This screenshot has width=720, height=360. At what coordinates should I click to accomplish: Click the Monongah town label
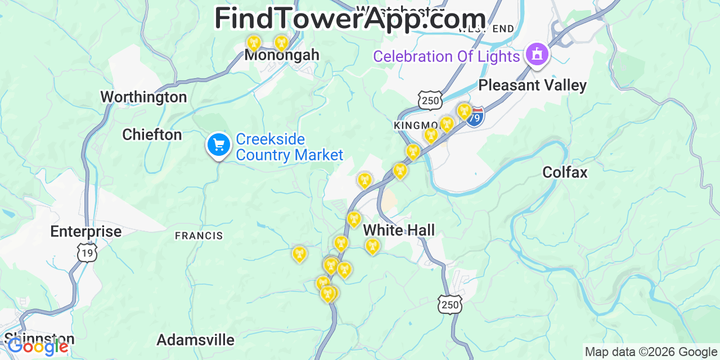[281, 55]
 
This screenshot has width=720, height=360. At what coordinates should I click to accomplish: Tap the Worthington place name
[143, 97]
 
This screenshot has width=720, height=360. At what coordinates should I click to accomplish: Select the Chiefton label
[152, 135]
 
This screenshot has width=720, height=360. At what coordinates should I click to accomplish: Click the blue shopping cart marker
[218, 145]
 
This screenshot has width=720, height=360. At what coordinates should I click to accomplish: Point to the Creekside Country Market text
[289, 147]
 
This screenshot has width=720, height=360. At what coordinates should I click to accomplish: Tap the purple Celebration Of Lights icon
[537, 55]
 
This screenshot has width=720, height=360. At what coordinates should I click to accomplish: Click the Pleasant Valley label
[532, 85]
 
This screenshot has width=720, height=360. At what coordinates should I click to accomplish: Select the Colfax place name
[565, 173]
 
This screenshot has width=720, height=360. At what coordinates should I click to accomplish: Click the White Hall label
[399, 230]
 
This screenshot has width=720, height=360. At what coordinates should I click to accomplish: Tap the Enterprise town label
[85, 232]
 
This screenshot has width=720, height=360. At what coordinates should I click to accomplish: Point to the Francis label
[199, 236]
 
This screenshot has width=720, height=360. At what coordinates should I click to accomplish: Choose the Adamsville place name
[195, 340]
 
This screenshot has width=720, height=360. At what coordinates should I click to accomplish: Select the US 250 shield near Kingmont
[430, 100]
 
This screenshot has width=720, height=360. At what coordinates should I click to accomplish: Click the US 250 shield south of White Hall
[450, 304]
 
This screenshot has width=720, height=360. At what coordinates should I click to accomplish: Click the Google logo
[38, 346]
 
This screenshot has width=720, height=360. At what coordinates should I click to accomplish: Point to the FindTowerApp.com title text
[350, 19]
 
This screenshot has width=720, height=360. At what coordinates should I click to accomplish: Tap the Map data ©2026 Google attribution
[651, 352]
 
